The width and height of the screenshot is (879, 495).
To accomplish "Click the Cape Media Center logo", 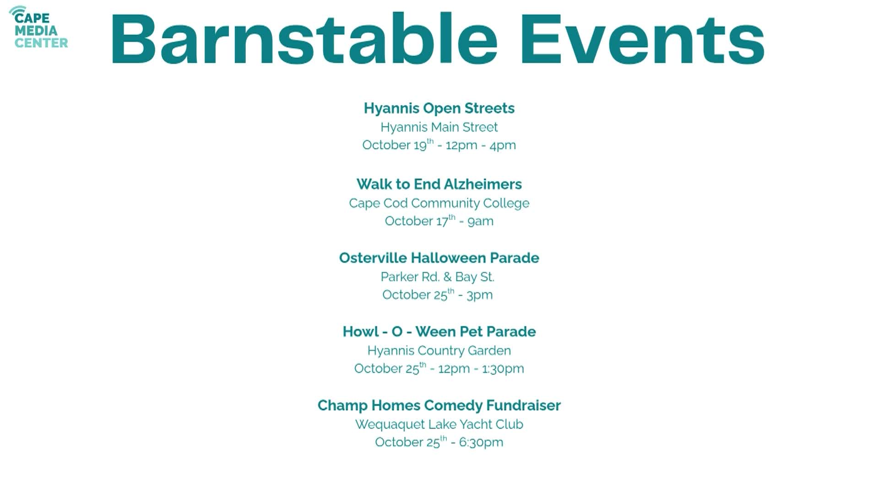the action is pos(38,27).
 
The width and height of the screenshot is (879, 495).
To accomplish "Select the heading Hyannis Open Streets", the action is pos(439,108).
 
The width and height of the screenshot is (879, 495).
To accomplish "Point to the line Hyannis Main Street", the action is pos(439,127).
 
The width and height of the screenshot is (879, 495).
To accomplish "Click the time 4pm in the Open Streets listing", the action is pos(503,145).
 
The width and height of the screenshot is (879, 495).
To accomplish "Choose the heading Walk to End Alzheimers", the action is pos(439,184).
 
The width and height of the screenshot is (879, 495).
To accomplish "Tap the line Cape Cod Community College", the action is pos(439,203).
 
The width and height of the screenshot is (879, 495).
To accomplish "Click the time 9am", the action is pos(480,221).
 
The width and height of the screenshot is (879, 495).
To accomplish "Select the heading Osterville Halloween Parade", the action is pos(439,258).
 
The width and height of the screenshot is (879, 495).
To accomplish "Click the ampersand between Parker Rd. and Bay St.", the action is pos(447,277).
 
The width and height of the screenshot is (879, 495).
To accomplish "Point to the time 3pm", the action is pos(479,295).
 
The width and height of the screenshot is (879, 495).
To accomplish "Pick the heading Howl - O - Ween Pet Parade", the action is pos(439,332).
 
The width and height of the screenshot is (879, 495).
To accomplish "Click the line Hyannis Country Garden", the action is pos(439,351).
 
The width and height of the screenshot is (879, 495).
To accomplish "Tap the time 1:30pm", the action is pos(503,369).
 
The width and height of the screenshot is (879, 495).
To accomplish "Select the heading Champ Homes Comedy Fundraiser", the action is pos(439,406).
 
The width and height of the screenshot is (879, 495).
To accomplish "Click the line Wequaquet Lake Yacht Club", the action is pos(439,424).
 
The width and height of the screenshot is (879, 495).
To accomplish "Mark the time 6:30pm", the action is pos(481,443).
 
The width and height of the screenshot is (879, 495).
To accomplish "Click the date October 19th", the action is pos(398,145).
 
